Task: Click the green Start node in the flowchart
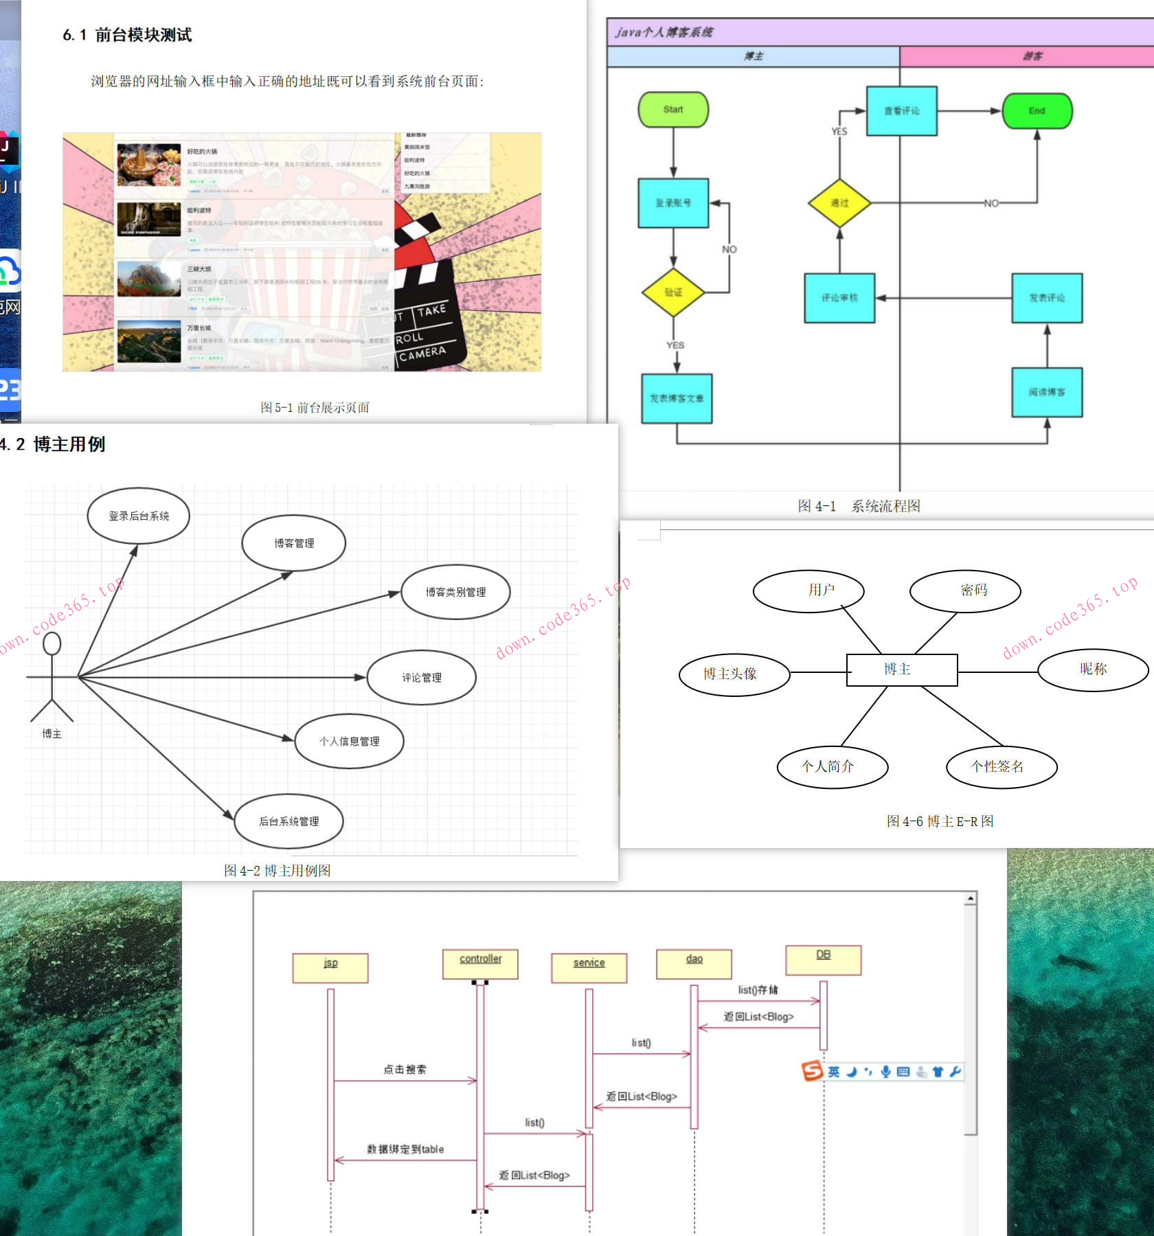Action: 673,110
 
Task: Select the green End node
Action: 1037,111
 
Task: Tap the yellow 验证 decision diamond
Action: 673,293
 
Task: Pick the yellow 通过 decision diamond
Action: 839,203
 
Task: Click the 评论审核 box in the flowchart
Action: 839,298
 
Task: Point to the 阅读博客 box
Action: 1047,393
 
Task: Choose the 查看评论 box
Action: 901,111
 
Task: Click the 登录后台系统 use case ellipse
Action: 139,516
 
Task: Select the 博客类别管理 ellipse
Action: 455,592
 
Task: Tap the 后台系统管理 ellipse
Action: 288,821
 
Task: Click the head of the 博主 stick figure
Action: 52,643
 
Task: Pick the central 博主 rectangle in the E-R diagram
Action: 901,669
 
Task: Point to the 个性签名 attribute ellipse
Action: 1001,766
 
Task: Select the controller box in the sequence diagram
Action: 480,963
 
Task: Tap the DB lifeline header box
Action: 823,959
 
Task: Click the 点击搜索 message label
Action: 405,1069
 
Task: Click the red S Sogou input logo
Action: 812,1071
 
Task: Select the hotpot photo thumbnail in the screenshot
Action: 149,165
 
